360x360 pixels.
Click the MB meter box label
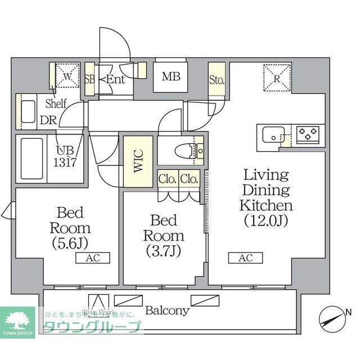[x=171, y=76]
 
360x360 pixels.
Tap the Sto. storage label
[x=217, y=79]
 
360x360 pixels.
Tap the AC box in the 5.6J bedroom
[x=92, y=258]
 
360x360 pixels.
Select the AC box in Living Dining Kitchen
[x=245, y=258]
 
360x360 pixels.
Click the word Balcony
[x=167, y=310]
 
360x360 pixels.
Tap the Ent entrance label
[x=115, y=79]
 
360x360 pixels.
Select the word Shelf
[x=56, y=103]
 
